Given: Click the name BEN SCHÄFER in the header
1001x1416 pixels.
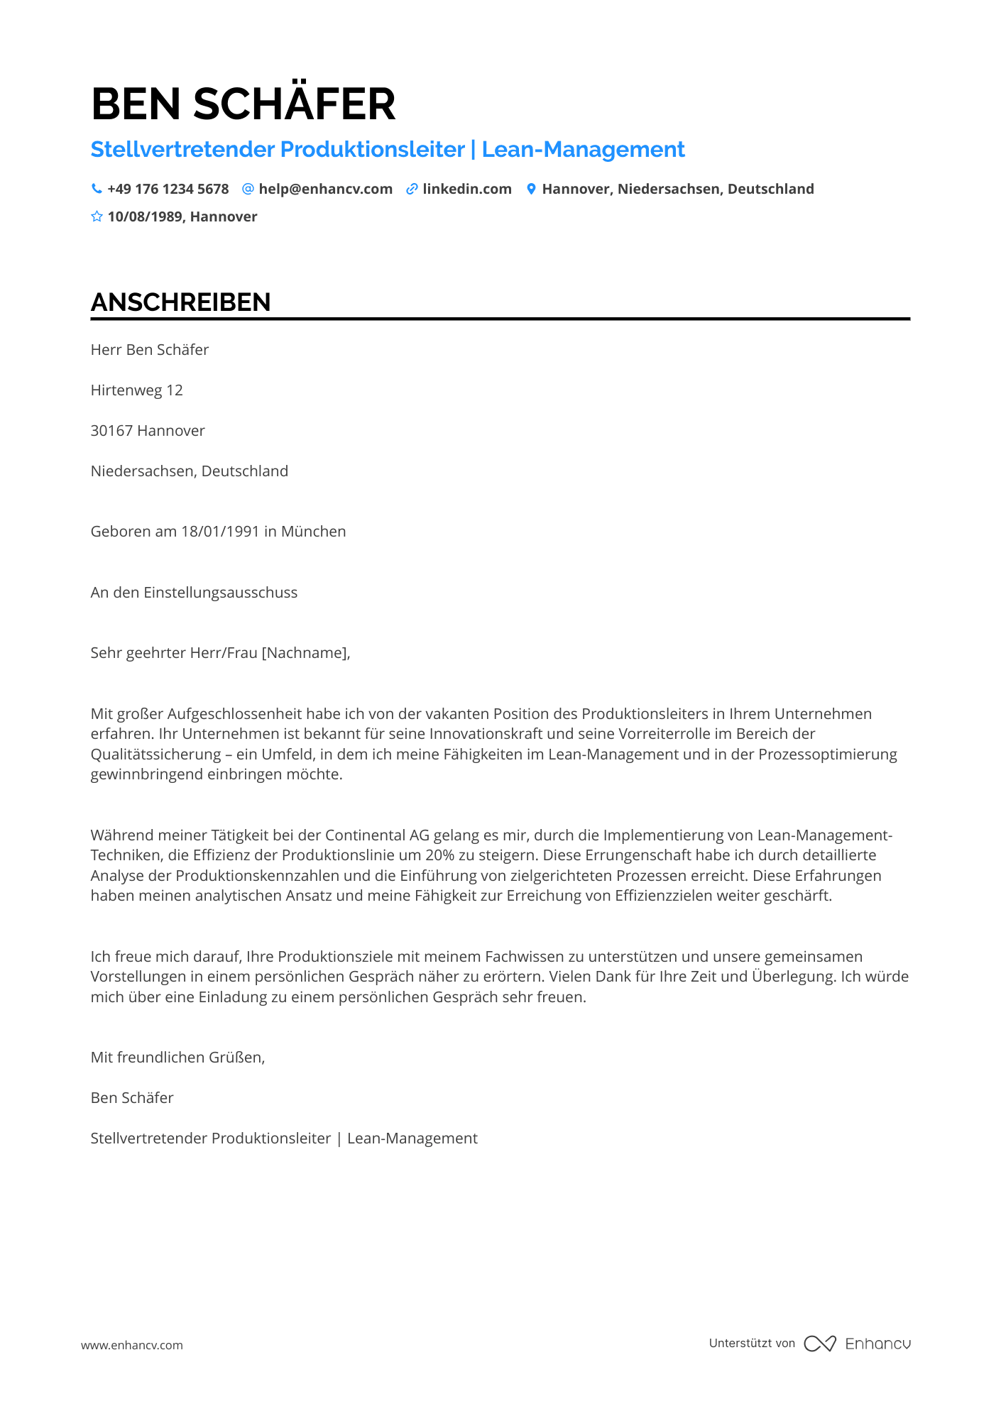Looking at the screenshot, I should [243, 104].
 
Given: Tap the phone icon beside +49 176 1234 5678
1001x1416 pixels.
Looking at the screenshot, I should [97, 189].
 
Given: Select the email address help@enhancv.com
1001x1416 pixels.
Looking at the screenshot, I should [325, 189].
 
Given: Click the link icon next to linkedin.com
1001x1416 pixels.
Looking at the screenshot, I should [412, 189].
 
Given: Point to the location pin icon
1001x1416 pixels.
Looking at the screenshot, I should [530, 189].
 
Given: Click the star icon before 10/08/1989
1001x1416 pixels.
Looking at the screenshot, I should [97, 216].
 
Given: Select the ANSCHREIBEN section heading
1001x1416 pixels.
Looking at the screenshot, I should [180, 302].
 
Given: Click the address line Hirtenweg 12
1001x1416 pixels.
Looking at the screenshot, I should [136, 390].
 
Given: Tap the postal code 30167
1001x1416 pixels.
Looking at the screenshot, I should [111, 431].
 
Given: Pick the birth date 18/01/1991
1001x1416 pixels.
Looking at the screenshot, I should [220, 532].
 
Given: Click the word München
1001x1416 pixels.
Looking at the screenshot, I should [313, 532].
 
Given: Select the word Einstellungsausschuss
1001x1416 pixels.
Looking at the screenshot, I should [220, 593].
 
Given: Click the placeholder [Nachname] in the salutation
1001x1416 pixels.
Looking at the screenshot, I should [305, 653].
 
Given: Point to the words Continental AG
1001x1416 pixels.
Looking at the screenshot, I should [376, 835].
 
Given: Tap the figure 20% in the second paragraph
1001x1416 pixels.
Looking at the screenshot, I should [440, 855].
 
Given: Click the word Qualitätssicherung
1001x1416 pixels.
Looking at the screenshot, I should [155, 754].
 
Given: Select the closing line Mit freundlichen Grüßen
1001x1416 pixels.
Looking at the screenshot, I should [177, 1058].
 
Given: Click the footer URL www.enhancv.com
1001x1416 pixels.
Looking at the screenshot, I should [131, 1345].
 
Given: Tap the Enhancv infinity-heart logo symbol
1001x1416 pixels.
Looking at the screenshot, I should [819, 1344].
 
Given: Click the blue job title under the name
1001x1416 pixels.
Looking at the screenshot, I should [388, 150].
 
